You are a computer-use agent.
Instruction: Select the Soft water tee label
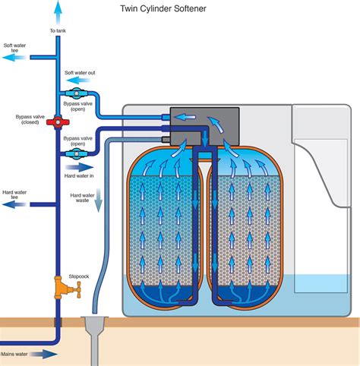(16, 49)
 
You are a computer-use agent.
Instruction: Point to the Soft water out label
(81, 73)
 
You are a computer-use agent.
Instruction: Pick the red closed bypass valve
(55, 121)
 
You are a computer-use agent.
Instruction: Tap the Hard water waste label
(81, 199)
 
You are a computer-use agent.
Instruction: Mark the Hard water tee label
(16, 195)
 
